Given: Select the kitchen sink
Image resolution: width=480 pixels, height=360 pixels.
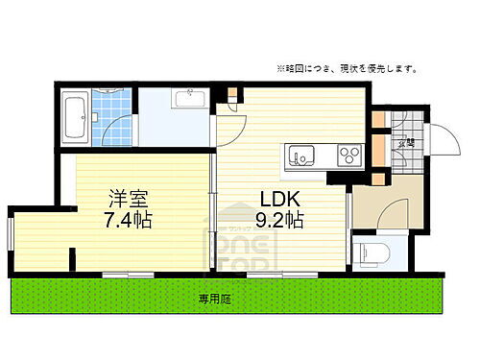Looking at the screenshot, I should pyautogui.click(x=300, y=156).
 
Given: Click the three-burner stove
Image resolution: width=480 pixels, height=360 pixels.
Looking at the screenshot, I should pyautogui.click(x=347, y=155).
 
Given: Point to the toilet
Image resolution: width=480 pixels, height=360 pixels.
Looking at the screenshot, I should pyautogui.click(x=372, y=254).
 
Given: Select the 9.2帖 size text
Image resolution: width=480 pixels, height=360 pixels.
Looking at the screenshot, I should pyautogui.click(x=279, y=221).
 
